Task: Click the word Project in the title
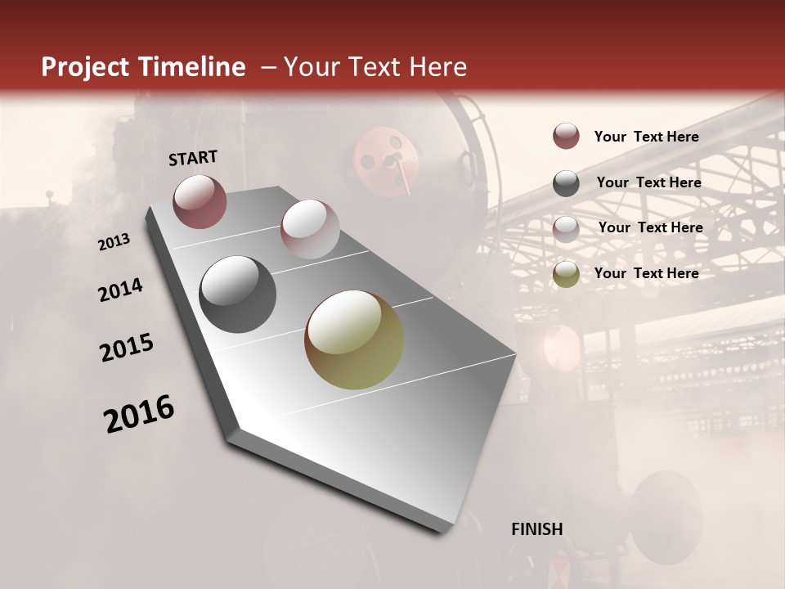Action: (x=83, y=67)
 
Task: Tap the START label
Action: (x=193, y=158)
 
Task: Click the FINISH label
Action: (x=537, y=529)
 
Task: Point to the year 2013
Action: (x=114, y=241)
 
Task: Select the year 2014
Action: (x=121, y=290)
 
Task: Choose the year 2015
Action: (x=127, y=348)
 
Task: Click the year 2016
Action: (x=139, y=414)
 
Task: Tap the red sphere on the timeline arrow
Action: (x=200, y=201)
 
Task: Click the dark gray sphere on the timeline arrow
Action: (x=238, y=294)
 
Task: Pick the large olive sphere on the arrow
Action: (x=354, y=339)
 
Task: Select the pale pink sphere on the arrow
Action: (x=310, y=229)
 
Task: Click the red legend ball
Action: (x=566, y=137)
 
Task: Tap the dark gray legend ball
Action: (x=566, y=183)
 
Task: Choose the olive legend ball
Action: (x=566, y=274)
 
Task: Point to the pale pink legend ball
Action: (x=566, y=229)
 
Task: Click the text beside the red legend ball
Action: (x=646, y=137)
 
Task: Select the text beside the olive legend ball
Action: (x=646, y=273)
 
